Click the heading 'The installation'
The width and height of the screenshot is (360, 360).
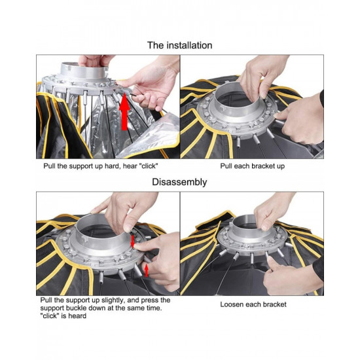[179, 45]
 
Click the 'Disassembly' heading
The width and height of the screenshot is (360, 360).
[179, 182]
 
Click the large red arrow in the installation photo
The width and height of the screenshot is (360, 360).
[124, 111]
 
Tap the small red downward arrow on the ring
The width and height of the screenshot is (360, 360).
[132, 241]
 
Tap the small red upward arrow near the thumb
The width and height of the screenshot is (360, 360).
[147, 271]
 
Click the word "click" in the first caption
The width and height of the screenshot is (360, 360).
[149, 166]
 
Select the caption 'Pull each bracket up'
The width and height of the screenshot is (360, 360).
[252, 166]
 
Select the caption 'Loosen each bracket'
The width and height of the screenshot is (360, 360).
[253, 304]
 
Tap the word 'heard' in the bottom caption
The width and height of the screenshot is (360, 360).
[77, 315]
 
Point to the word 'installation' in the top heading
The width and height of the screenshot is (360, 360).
[189, 45]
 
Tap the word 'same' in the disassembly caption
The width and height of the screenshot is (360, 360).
[136, 308]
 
